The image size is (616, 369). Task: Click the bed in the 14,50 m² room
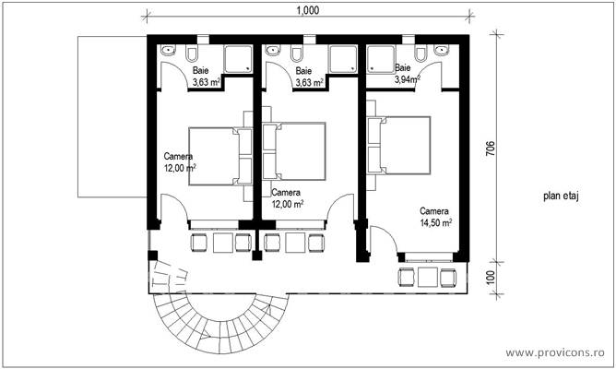(x=402, y=145)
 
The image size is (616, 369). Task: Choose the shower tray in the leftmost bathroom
(x=237, y=60)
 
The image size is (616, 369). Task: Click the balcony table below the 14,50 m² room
(x=427, y=278)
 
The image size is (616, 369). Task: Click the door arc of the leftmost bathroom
(x=172, y=79)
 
